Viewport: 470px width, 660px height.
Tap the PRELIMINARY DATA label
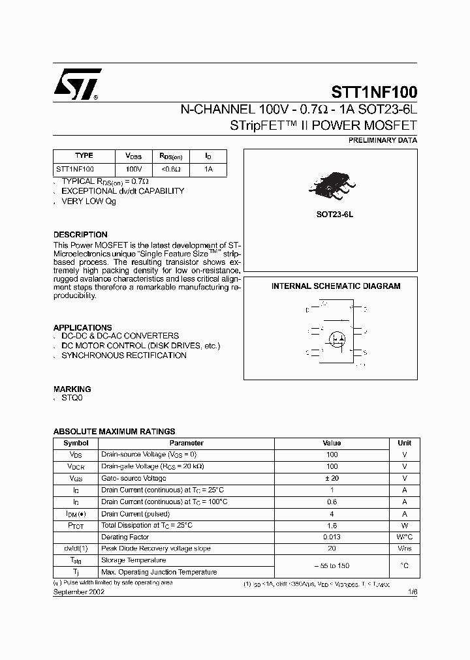click(383, 140)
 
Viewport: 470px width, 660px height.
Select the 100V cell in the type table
click(134, 169)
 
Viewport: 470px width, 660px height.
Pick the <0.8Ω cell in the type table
click(170, 169)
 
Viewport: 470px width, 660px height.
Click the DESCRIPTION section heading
click(80, 235)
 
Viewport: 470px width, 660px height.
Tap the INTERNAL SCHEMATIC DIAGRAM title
click(336, 286)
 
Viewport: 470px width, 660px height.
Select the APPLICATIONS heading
click(82, 327)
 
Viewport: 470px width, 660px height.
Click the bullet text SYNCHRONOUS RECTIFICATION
click(124, 355)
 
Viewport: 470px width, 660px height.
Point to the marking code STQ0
click(72, 397)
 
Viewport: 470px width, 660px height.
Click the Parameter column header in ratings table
click(186, 443)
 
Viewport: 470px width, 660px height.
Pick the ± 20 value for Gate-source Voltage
click(332, 478)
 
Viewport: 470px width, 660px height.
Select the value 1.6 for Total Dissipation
click(332, 525)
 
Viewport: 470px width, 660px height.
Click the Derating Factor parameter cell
click(125, 537)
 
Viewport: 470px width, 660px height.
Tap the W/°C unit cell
click(404, 537)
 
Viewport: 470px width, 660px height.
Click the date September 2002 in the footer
click(78, 592)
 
